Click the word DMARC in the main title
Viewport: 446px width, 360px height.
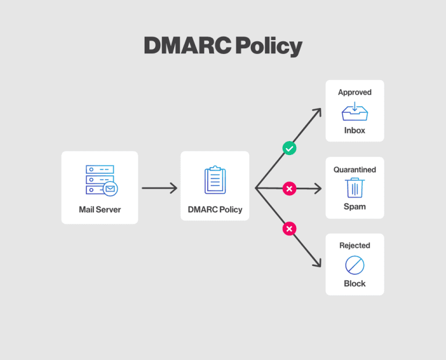[181, 46]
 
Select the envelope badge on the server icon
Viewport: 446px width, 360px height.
[110, 188]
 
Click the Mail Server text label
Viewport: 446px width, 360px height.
[100, 210]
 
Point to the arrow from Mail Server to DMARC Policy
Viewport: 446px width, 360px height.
[159, 188]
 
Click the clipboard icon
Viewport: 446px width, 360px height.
[215, 180]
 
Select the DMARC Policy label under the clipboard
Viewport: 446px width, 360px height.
[215, 210]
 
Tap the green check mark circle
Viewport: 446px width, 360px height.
[289, 149]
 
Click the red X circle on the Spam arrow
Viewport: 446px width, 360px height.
[289, 188]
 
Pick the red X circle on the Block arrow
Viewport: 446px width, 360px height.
[289, 229]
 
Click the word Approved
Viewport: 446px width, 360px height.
[354, 92]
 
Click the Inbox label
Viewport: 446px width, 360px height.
[354, 131]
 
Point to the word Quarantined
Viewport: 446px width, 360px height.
[354, 170]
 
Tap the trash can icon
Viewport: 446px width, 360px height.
[354, 188]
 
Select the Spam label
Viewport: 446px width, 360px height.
[354, 207]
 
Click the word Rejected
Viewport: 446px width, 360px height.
[354, 246]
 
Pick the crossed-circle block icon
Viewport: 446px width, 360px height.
[354, 265]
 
